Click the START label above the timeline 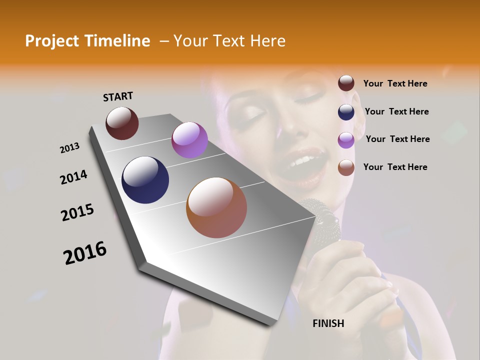(118, 96)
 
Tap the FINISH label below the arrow (328, 323)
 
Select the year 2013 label (69, 148)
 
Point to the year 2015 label (77, 212)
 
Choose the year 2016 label (85, 252)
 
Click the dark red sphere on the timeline (122, 123)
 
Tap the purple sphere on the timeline (189, 140)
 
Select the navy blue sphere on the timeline (145, 180)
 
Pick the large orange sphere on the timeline (216, 207)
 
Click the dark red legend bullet (346, 83)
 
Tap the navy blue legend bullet (346, 111)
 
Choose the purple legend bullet (346, 139)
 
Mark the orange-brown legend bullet (346, 167)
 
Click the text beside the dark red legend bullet (395, 83)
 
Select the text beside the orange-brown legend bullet (395, 167)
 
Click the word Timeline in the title (120, 41)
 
